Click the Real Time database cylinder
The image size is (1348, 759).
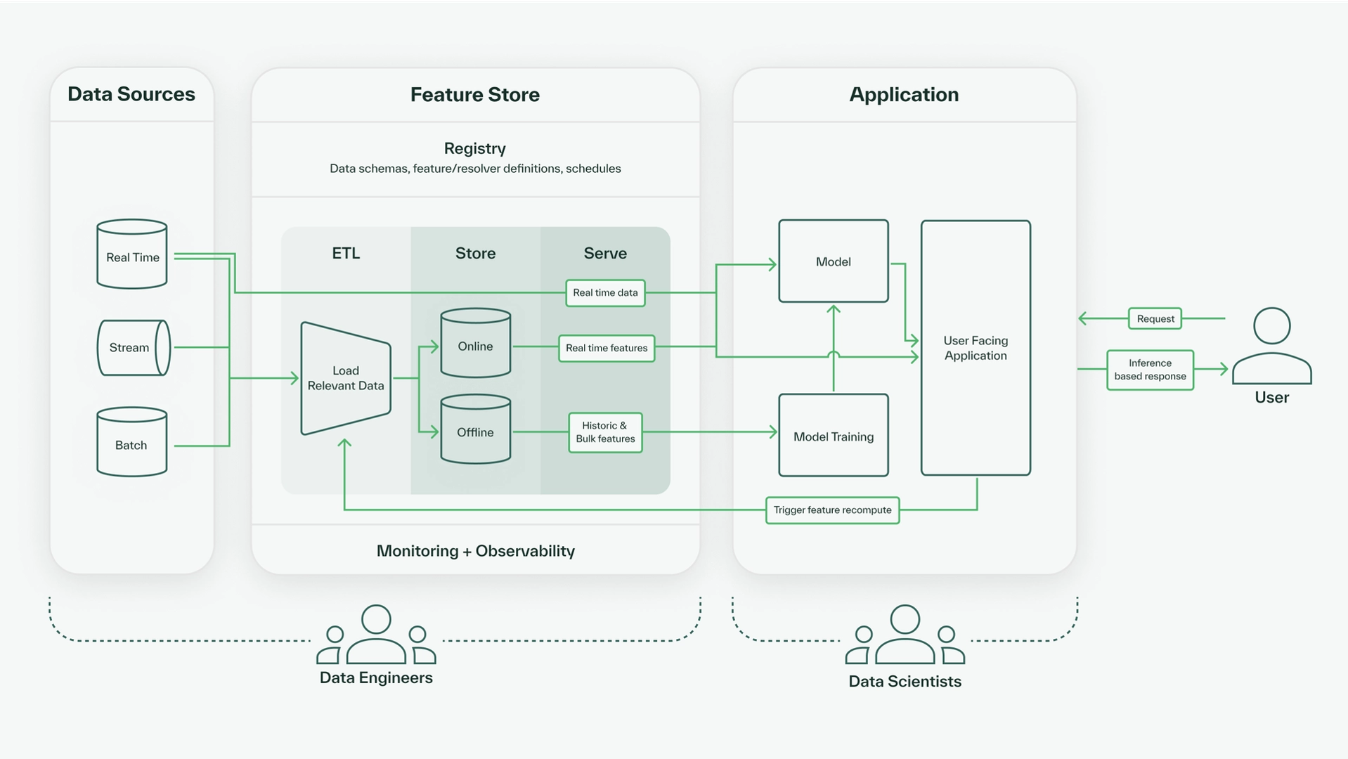point(132,254)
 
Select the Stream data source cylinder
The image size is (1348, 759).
point(133,348)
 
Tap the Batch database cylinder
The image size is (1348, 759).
point(132,443)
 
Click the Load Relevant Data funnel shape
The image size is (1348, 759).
point(345,378)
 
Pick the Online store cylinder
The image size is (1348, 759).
point(475,344)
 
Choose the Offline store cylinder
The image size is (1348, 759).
point(475,429)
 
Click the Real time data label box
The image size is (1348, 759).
point(605,293)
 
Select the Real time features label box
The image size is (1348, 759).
point(607,349)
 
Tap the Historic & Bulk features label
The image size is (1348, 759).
point(605,432)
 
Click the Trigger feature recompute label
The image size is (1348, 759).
point(832,510)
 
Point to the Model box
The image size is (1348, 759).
point(833,261)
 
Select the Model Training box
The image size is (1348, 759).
point(833,436)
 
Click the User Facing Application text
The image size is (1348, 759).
point(976,348)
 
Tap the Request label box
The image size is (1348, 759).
point(1155,319)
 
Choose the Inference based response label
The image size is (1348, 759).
point(1150,370)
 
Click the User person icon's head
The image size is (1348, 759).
point(1271,326)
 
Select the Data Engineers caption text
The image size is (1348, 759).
point(376,678)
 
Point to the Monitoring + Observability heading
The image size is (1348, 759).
point(475,551)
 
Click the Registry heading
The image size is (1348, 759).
point(475,148)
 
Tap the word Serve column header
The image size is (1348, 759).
point(605,254)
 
